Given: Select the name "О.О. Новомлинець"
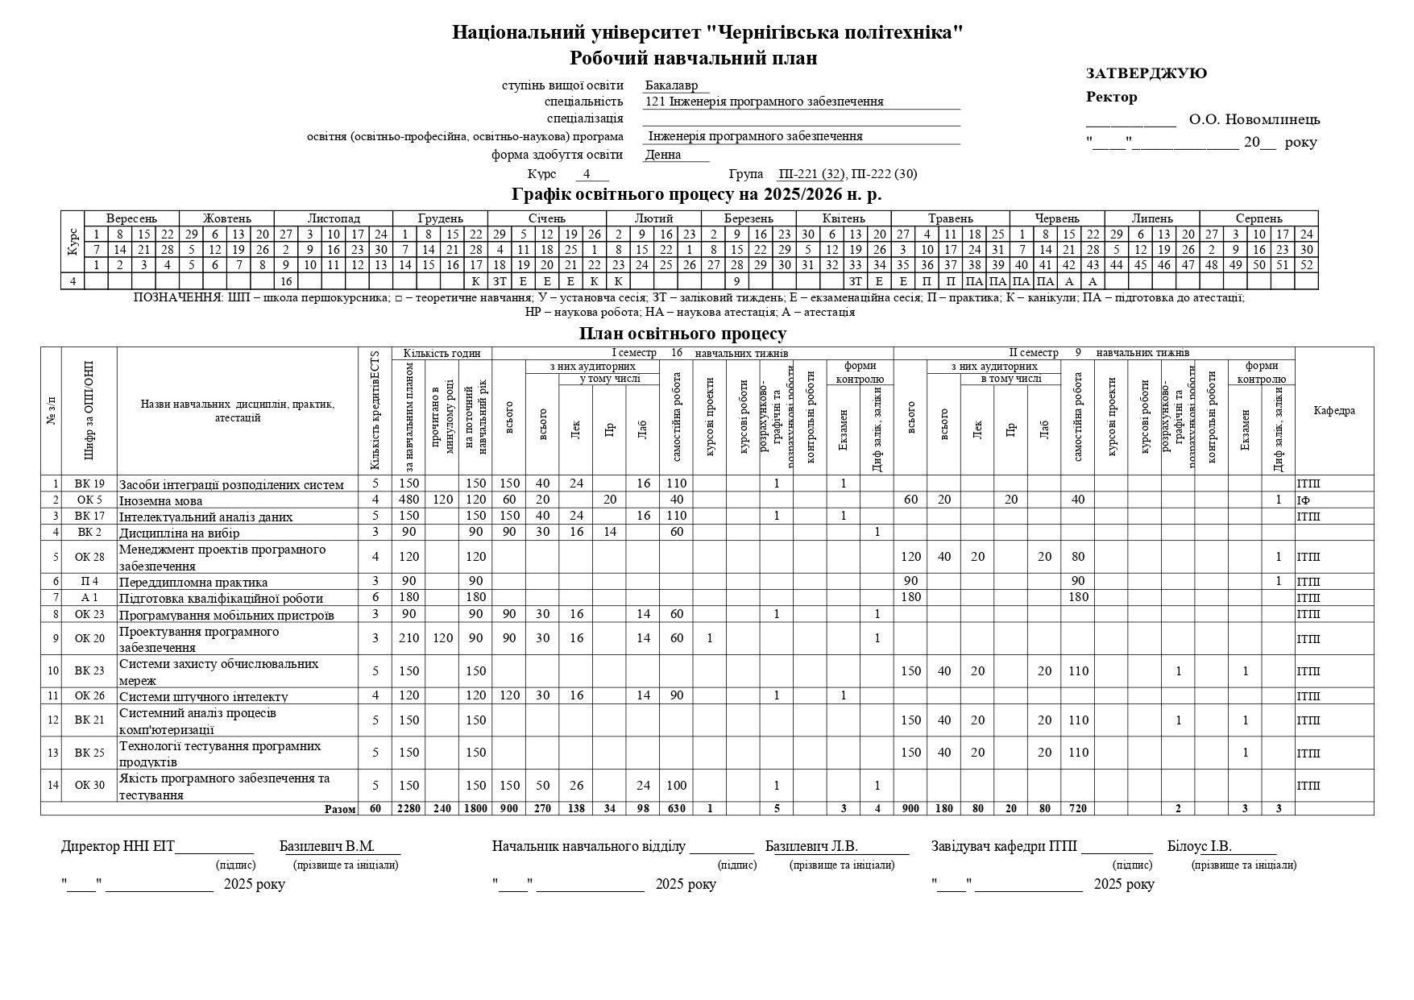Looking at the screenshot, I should point(1254,120).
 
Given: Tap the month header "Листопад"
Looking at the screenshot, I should point(334,218).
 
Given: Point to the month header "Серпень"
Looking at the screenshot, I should point(1259,218).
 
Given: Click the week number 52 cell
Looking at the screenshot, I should point(1306,264).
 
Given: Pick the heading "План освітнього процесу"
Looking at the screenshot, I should point(682,334).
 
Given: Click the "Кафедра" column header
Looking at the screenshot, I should point(1333,410).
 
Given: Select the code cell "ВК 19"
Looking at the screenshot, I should point(89,483).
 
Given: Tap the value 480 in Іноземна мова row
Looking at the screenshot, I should point(408,500).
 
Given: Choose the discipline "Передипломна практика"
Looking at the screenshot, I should point(193,582).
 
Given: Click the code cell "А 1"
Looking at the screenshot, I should point(89,598).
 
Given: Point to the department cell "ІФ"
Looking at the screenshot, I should point(1304,500).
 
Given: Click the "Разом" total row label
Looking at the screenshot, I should point(339,808).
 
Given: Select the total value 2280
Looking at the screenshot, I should point(408,808).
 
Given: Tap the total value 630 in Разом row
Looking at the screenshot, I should point(676,808).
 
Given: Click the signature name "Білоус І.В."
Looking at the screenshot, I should point(1199,846).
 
